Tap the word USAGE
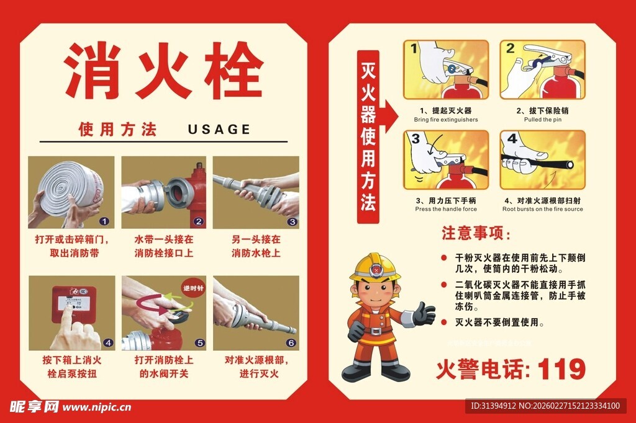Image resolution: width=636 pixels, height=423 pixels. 219,129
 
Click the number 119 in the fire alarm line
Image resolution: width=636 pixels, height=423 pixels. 561,370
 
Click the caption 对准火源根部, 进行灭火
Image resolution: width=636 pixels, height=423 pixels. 256,367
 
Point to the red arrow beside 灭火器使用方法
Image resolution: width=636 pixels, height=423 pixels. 390,113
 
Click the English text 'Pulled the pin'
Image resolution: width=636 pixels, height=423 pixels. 542,120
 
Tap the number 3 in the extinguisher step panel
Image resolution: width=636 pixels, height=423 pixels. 416,139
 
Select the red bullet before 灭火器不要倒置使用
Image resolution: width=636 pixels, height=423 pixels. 443,323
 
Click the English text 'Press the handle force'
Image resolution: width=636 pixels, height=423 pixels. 446,209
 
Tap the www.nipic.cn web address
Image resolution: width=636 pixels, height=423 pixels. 97,407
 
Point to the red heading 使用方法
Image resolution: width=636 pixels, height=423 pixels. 117,129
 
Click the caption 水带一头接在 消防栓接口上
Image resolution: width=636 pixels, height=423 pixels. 163,246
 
